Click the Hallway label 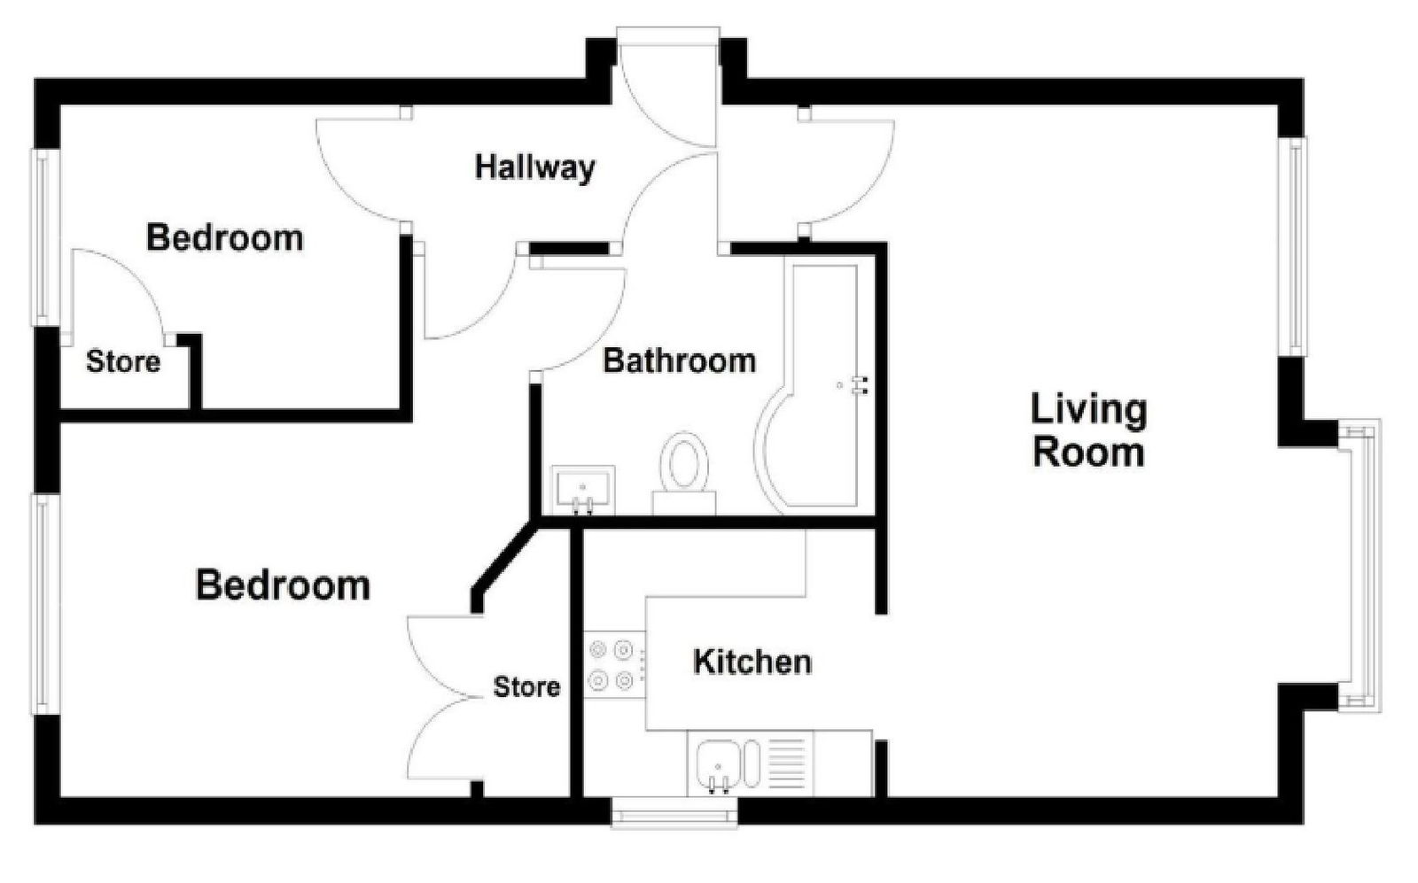click(535, 168)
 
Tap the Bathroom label click(679, 360)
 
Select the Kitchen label click(752, 662)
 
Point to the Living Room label click(1089, 430)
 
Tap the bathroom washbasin click(583, 490)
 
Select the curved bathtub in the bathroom click(807, 387)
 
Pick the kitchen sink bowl click(719, 764)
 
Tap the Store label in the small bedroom click(123, 362)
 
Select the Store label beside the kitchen click(526, 687)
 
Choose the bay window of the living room click(1361, 565)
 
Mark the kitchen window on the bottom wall click(674, 813)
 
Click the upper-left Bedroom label click(225, 238)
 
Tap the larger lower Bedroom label click(283, 585)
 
